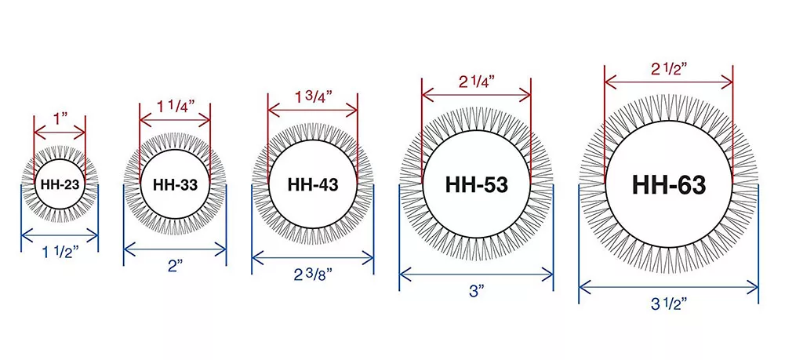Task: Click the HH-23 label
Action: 60,185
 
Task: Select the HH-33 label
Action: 175,185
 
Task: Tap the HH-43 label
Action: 313,185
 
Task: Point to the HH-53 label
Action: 476,185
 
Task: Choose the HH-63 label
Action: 669,185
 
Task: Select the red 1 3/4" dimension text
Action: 313,97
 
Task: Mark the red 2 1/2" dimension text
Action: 669,69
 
